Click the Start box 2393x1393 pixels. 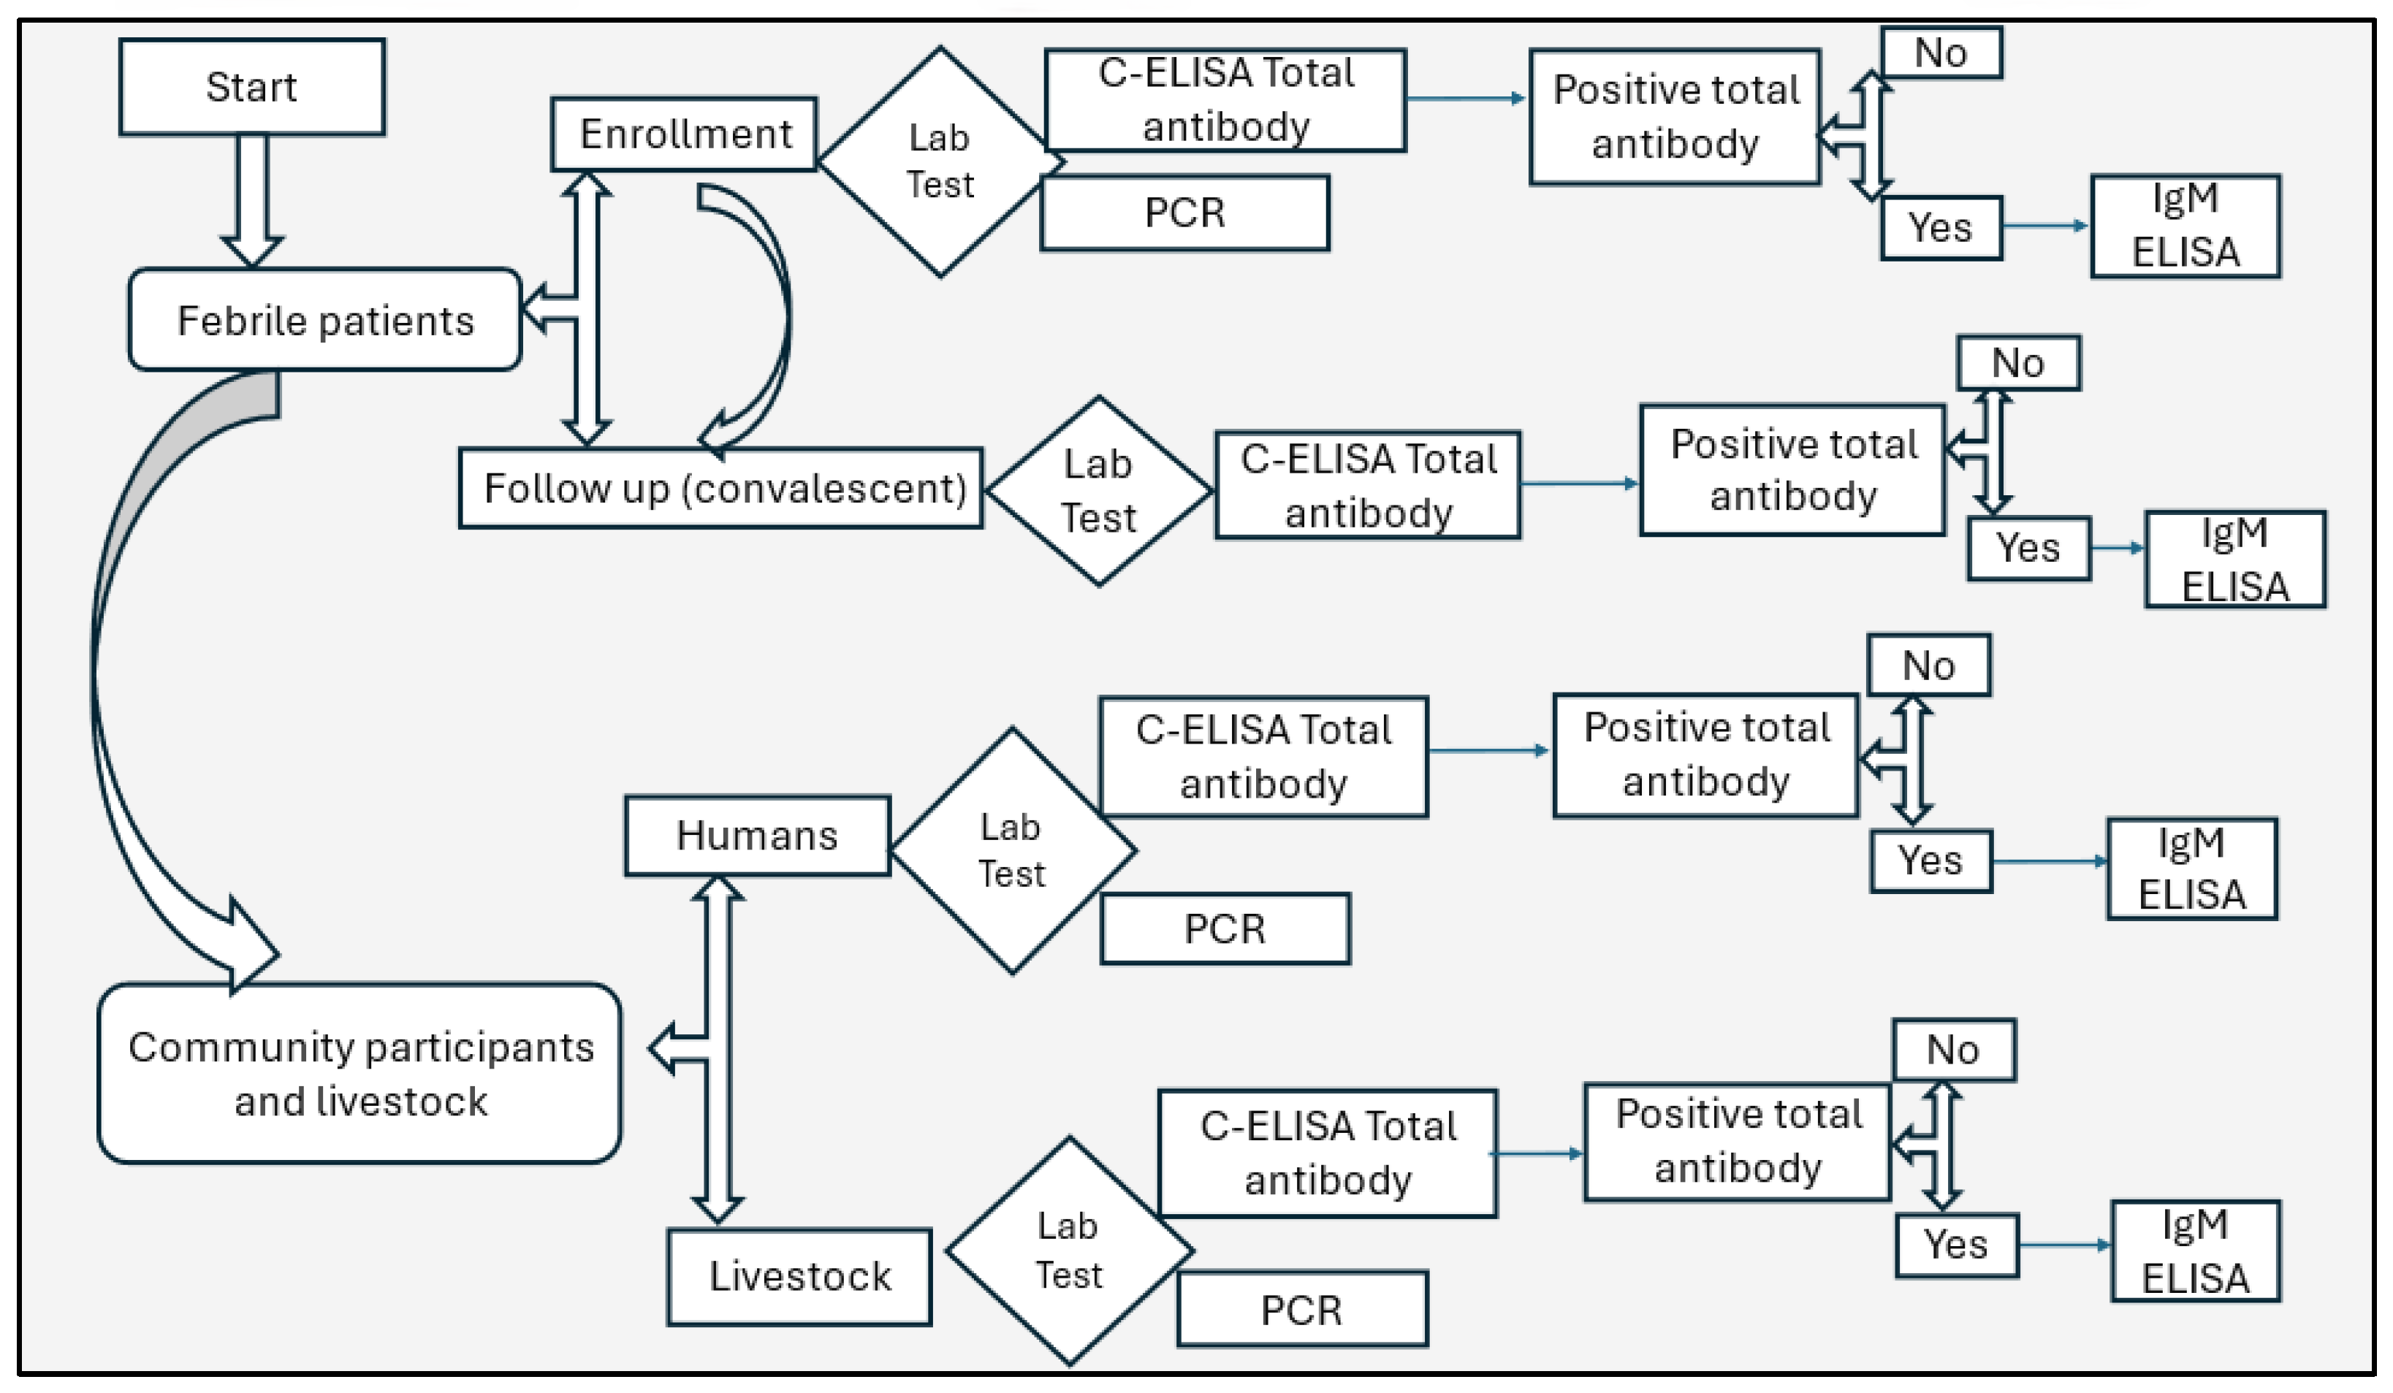(251, 86)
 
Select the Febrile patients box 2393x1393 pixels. (324, 320)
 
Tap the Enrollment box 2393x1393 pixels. (685, 134)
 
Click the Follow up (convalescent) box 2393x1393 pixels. (722, 488)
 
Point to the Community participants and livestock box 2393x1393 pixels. (360, 1073)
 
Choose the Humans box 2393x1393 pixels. (757, 836)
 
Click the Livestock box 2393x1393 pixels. (799, 1275)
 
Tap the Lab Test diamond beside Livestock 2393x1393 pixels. (1068, 1251)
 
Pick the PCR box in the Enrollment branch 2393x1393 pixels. (1184, 213)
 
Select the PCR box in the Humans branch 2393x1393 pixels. (1224, 928)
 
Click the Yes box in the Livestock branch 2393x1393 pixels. (1956, 1245)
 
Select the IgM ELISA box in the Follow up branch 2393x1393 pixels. (2234, 560)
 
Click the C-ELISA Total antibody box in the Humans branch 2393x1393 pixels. (1263, 757)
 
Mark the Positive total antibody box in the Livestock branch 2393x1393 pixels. (1737, 1142)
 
